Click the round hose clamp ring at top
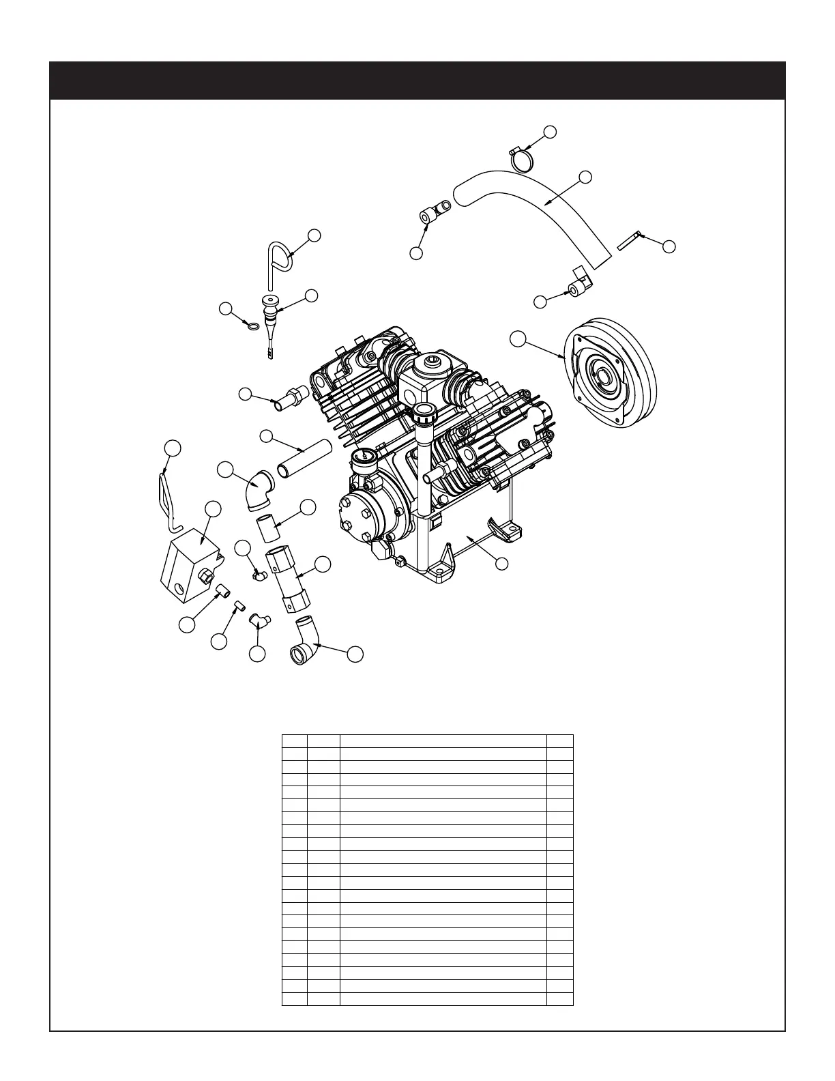[x=523, y=160]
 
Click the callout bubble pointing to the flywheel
[x=518, y=338]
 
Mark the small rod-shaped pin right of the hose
[x=629, y=241]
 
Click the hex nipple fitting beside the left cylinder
[x=289, y=400]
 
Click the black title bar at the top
[x=417, y=81]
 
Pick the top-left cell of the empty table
[x=294, y=740]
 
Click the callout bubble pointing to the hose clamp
[x=551, y=132]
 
